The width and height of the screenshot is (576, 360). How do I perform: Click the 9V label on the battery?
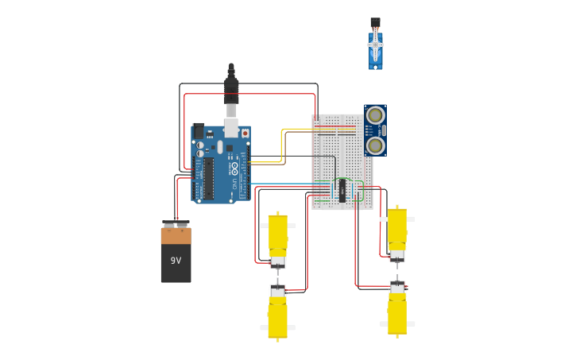[176, 261]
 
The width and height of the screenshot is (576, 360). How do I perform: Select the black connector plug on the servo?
[375, 21]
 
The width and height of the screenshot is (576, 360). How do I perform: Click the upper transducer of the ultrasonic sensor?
[375, 115]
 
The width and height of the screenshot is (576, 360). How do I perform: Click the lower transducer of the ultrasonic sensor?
[375, 145]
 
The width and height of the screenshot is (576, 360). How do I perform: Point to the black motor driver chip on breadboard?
[342, 190]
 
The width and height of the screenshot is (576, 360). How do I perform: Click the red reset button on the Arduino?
[245, 133]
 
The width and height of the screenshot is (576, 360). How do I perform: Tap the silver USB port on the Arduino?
[231, 127]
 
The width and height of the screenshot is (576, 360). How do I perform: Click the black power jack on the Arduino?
[199, 131]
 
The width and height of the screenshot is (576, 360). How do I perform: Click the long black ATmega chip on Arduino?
[208, 179]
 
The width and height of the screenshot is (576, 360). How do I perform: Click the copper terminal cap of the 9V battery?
[176, 236]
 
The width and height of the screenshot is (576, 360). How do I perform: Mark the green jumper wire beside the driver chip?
[362, 191]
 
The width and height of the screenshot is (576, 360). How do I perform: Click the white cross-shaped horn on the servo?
[375, 44]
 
